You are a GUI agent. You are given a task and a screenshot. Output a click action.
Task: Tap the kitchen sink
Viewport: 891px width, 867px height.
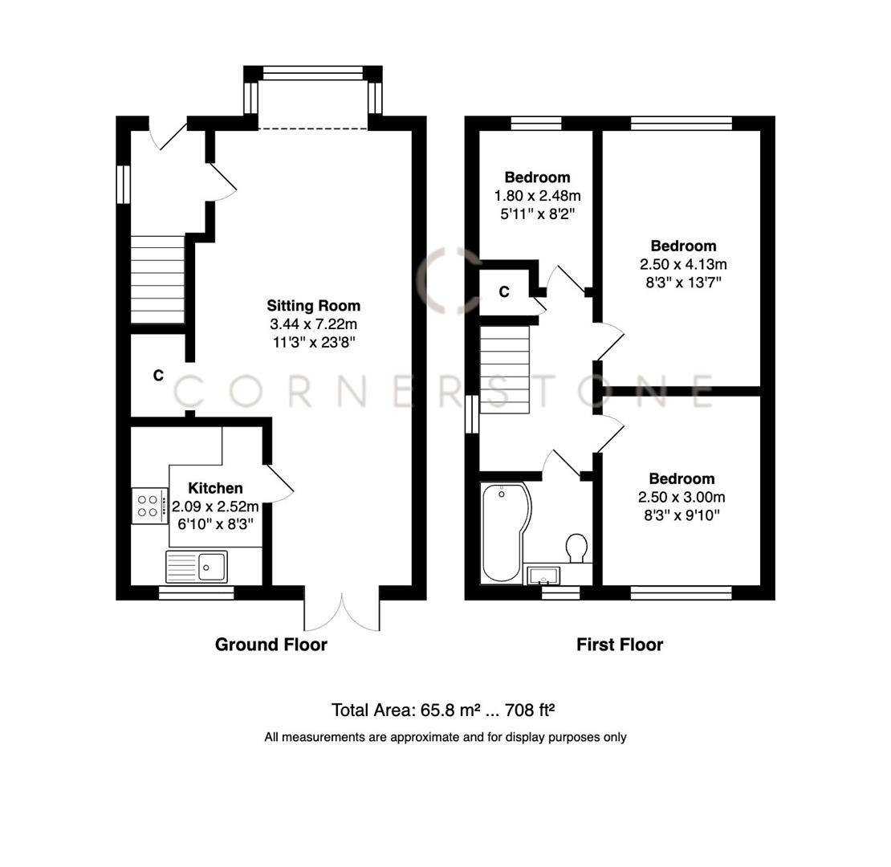(197, 566)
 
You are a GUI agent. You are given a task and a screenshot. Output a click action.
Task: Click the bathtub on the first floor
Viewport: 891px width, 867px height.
(502, 531)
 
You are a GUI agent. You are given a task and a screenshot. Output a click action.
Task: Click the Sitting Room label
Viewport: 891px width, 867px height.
(313, 306)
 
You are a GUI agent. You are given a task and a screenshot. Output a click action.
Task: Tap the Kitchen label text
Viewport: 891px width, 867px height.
(215, 488)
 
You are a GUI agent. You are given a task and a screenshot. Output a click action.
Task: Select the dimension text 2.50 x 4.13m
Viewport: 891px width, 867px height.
(683, 264)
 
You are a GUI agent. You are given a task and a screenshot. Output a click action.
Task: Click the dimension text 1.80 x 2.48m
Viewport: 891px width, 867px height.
(537, 195)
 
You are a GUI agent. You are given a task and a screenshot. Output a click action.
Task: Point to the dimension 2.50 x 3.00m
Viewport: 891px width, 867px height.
(681, 497)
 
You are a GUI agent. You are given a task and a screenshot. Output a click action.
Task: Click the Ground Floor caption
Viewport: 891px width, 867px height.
(271, 644)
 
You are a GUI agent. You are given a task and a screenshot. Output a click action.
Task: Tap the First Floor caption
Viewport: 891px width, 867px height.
(619, 644)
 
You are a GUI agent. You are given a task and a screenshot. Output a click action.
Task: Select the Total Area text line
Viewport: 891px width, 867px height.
(443, 710)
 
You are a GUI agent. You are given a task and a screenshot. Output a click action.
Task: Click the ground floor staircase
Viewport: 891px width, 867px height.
(157, 279)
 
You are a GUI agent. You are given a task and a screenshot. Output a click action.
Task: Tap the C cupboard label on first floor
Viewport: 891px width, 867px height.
(504, 292)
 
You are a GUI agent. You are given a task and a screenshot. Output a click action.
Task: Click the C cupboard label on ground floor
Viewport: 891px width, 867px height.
(158, 376)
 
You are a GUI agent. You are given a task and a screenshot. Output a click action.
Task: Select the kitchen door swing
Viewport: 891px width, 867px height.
(279, 485)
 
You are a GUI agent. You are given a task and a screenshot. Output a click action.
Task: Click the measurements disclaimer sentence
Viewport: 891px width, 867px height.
(445, 737)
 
